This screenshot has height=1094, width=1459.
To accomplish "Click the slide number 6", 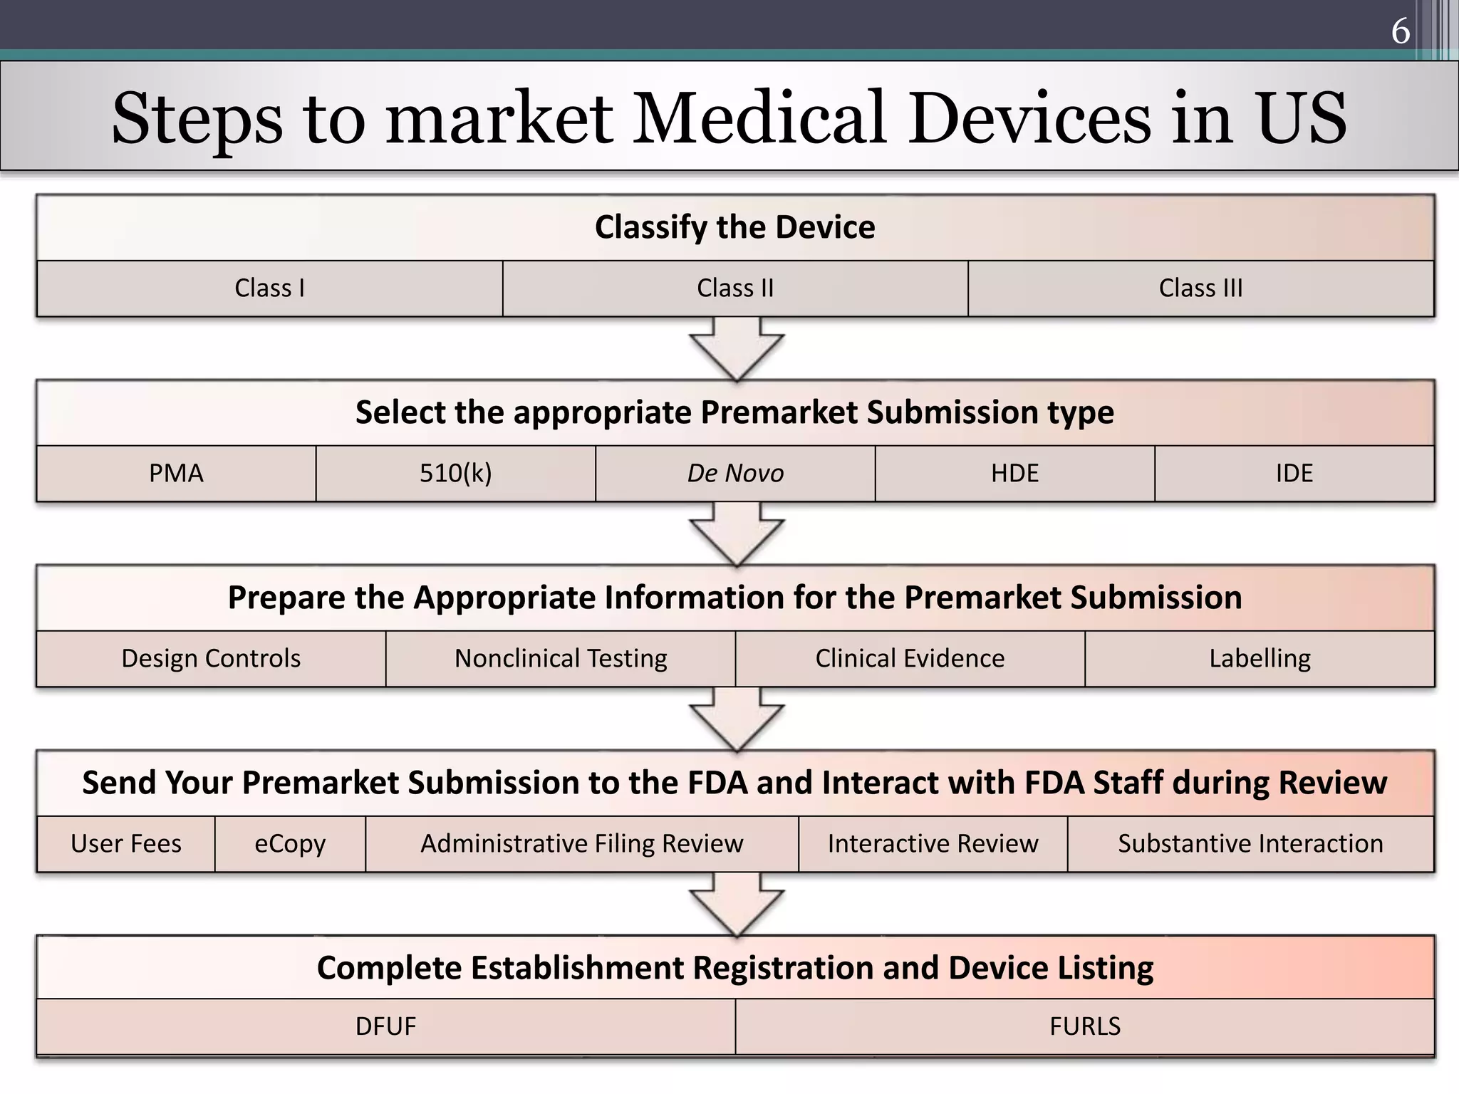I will point(1400,31).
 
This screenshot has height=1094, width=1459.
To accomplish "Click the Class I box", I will point(269,288).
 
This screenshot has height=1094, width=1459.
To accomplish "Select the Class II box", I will point(735,288).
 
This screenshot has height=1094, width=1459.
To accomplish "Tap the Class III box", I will point(1200,288).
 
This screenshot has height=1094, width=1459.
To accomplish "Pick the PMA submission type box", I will point(176,474).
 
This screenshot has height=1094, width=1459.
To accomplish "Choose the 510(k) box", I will point(455,474).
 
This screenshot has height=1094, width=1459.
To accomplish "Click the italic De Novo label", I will point(735,474).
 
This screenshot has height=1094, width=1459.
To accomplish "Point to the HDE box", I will point(1014,474).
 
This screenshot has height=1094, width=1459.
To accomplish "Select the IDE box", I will point(1294,474).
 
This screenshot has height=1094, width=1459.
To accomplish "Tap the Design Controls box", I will point(211,659).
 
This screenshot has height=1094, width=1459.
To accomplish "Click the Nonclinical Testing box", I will point(561,659).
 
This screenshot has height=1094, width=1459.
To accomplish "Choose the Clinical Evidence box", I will point(910,659).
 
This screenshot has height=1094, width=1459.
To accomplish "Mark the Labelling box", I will point(1260,659).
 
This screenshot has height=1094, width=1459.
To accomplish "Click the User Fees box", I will point(126,844).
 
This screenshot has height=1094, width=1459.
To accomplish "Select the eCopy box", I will point(290,844).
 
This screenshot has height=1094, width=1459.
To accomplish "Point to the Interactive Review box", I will point(933,844).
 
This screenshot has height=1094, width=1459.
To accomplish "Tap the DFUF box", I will point(385,1026).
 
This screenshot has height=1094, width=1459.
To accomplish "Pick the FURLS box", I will point(1085,1026).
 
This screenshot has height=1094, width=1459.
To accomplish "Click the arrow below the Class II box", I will point(737,348).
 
